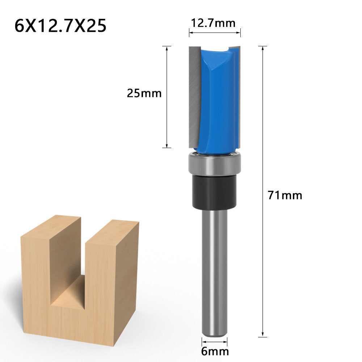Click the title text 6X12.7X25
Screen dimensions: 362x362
point(60,26)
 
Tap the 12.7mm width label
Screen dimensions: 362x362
point(213,23)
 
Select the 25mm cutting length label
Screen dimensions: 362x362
point(144,93)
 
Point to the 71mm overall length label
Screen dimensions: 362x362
point(285,195)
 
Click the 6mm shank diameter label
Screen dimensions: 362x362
point(215,351)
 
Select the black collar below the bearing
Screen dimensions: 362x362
point(214,192)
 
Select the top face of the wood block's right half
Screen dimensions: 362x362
point(112,232)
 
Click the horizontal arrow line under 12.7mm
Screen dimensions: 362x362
point(214,33)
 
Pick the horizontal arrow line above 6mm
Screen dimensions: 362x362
point(214,341)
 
